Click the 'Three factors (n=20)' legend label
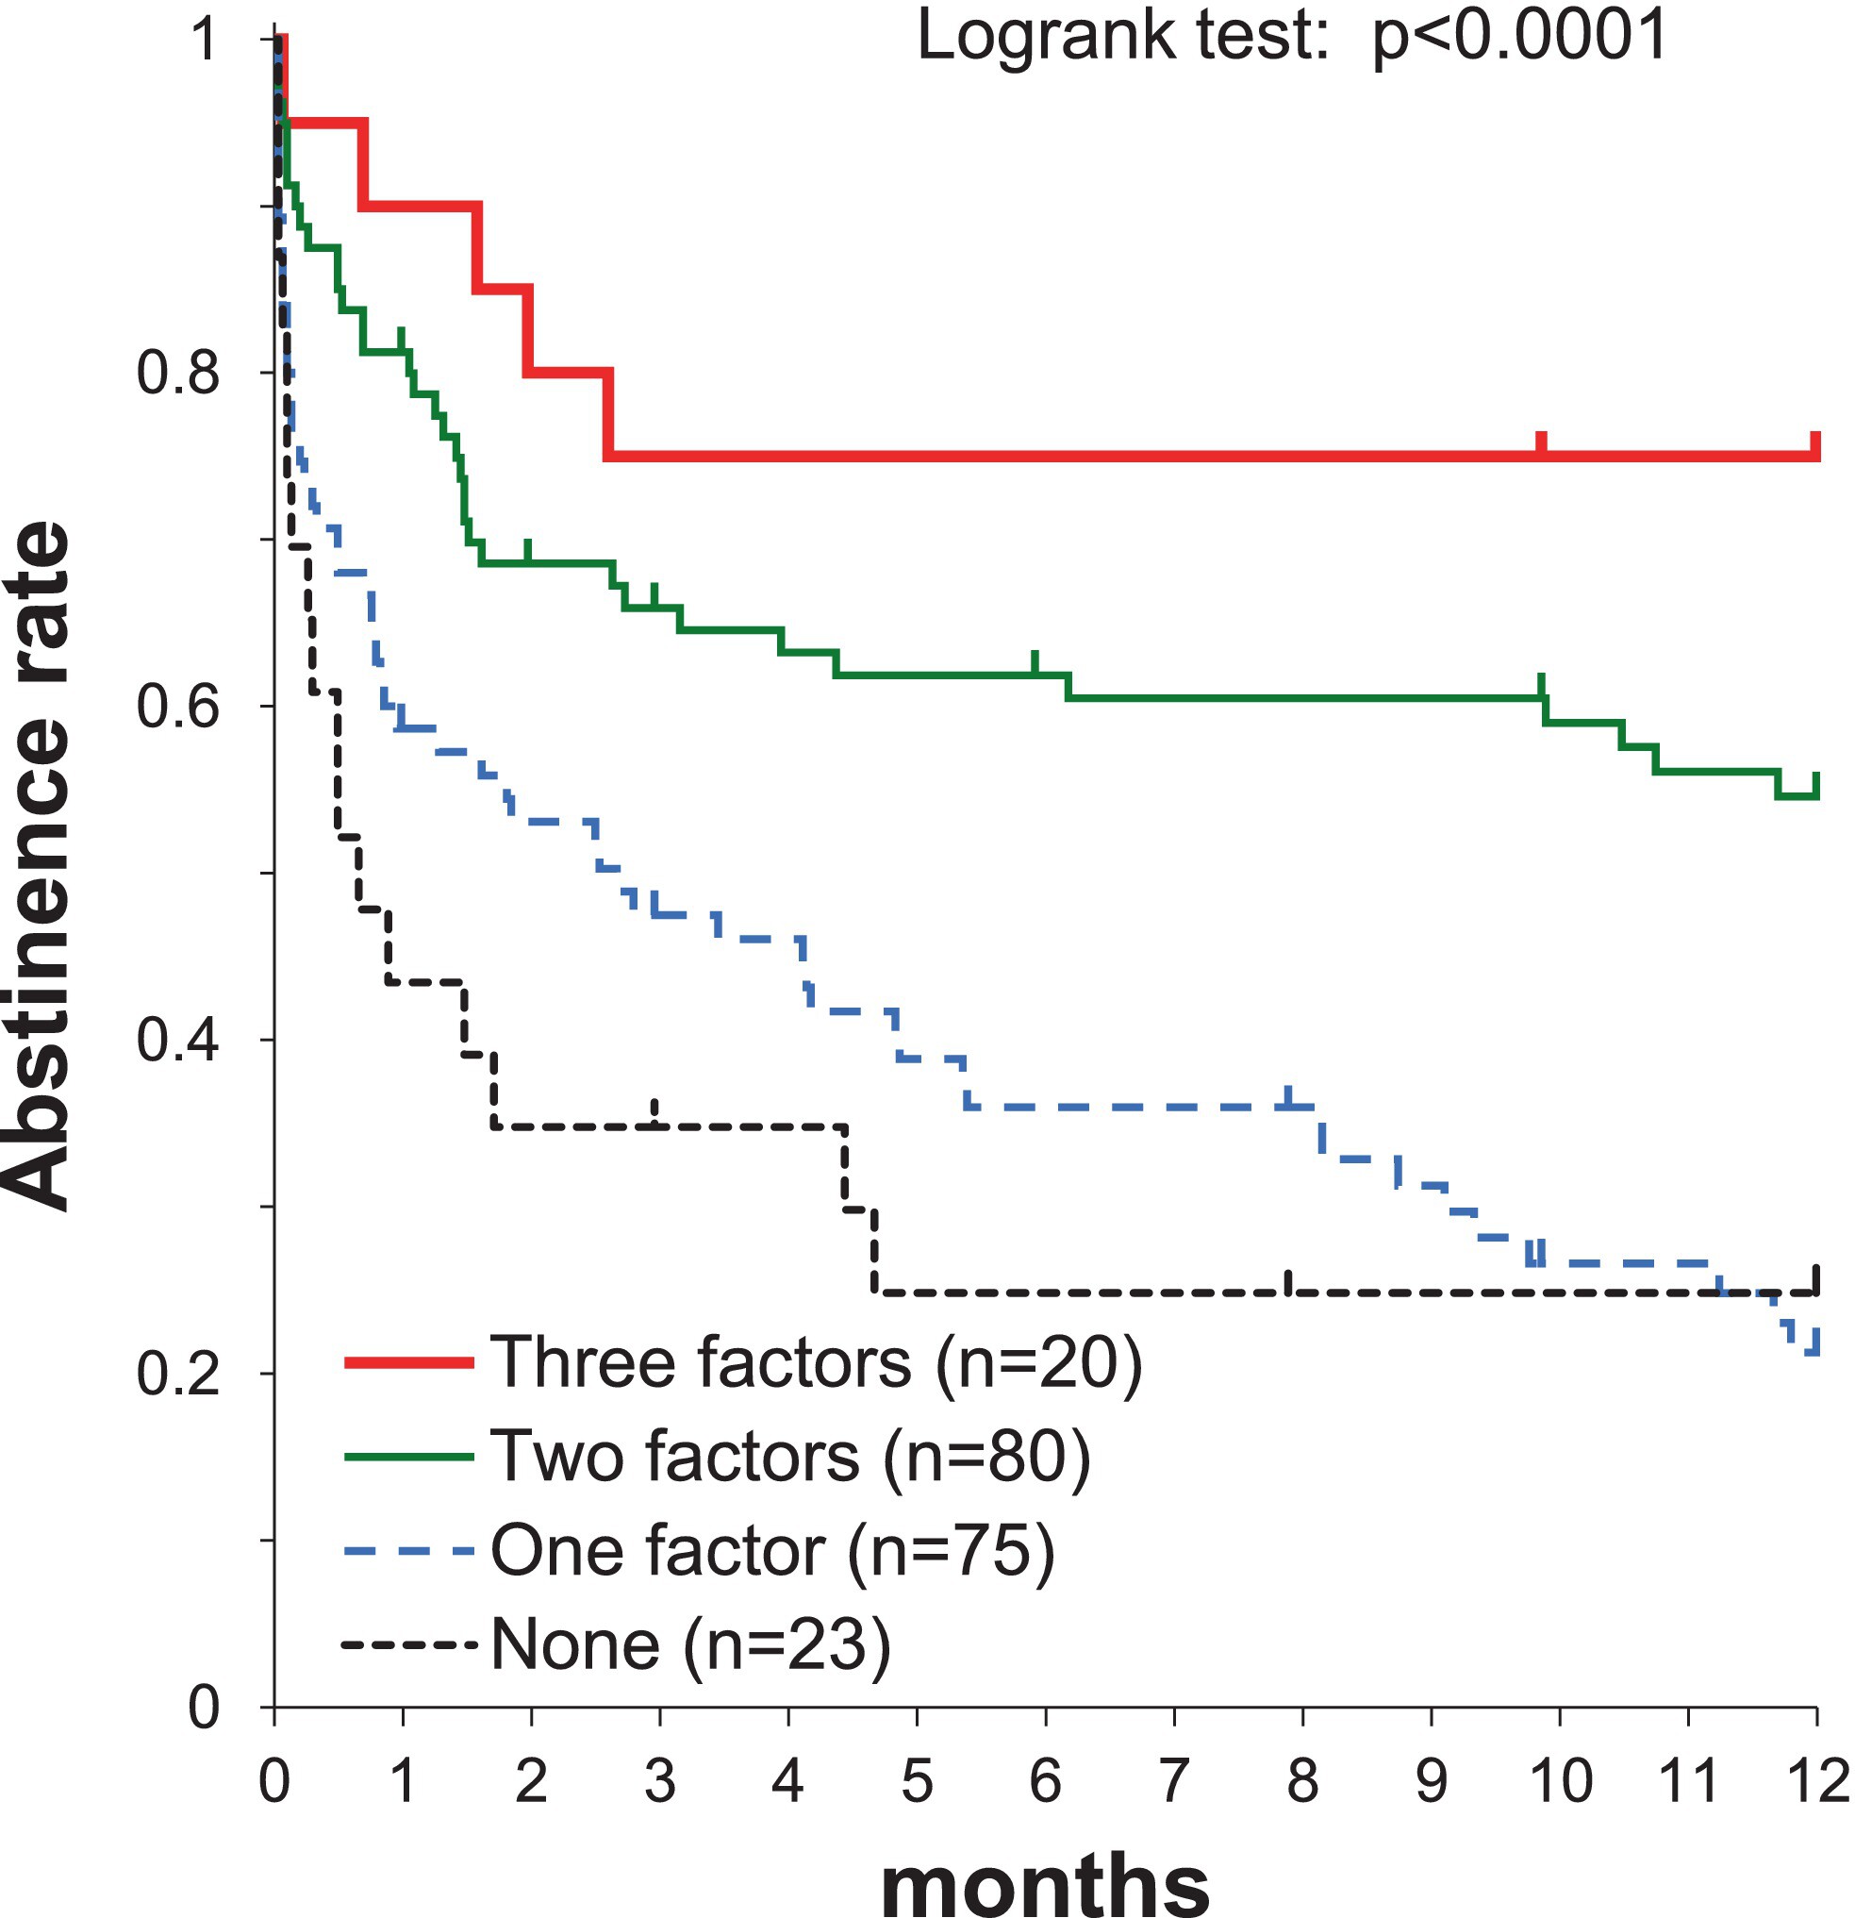coord(815,1363)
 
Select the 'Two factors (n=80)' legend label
coord(789,1457)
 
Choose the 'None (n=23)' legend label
coord(690,1644)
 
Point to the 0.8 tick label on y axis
coord(177,373)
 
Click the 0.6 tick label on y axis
coord(177,707)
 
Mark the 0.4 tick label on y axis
coord(177,1041)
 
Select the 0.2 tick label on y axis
coord(177,1374)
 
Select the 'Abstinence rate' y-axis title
coord(39,866)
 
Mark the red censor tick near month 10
coord(1541,442)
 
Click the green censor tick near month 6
coord(1035,661)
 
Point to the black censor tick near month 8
coord(1288,1281)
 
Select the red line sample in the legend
coord(409,1363)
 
